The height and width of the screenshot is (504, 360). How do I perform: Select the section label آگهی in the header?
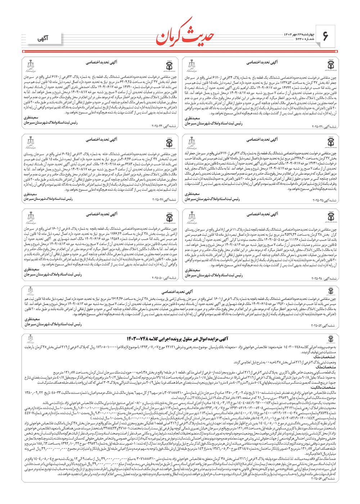(42, 39)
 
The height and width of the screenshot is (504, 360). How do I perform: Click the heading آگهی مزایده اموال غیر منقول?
(177, 339)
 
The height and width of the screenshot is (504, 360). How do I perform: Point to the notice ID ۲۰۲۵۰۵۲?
(323, 326)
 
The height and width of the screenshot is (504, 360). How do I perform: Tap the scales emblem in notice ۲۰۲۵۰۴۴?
(31, 65)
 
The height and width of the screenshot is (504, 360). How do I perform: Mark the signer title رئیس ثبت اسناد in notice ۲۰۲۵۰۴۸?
(214, 275)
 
